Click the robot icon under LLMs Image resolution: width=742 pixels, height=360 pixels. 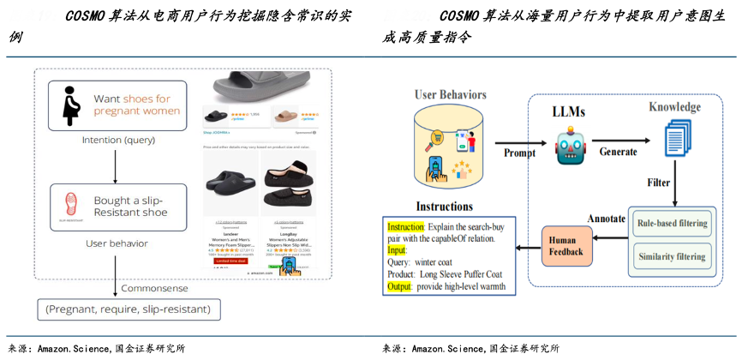(x=571, y=145)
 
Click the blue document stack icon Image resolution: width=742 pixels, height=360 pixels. (x=678, y=138)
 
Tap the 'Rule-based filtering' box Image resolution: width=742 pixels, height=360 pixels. (x=673, y=224)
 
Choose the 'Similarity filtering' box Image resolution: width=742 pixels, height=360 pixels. (x=673, y=256)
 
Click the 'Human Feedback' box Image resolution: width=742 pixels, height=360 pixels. (x=565, y=246)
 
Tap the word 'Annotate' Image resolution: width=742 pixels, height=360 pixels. (x=609, y=218)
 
